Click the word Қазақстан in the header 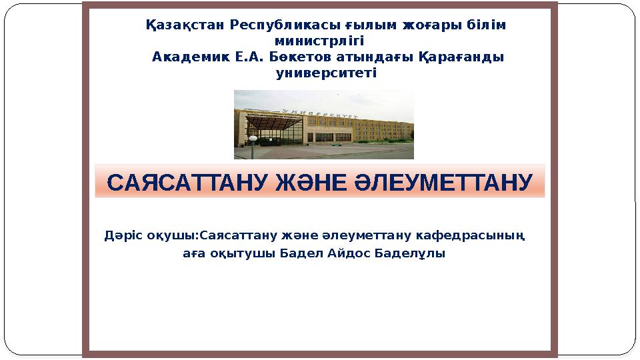pos(185,25)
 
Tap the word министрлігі pos(319,41)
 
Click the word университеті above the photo pos(326,73)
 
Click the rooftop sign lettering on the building pos(319,113)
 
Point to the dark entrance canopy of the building pos(274,123)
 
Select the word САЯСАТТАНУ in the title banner pos(188,183)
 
